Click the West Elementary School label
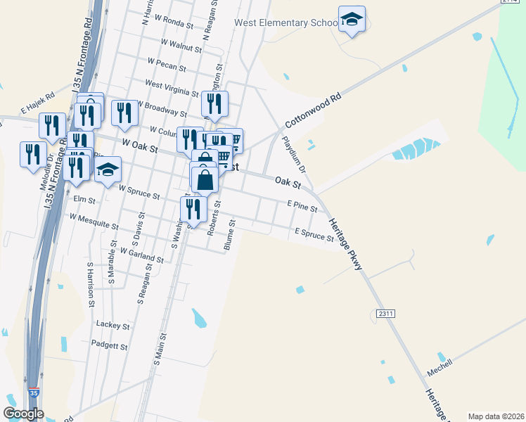coord(286,23)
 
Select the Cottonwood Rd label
coord(312,111)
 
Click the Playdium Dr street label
coord(294,155)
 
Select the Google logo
coord(23,413)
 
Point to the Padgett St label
coord(109,346)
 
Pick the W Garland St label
coord(142,254)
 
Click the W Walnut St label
coord(181,45)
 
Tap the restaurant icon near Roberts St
coord(193,209)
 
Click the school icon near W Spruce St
coord(108,170)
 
